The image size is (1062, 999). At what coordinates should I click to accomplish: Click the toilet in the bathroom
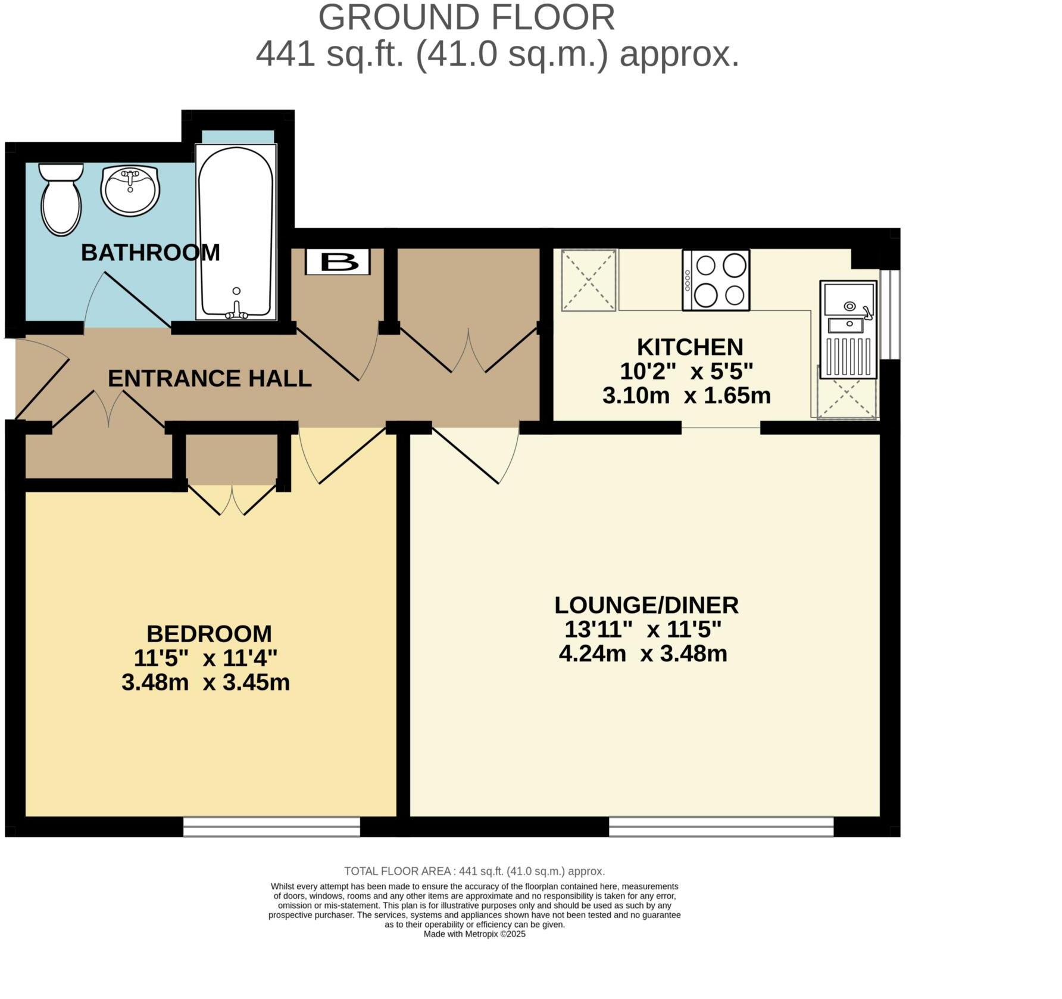click(61, 200)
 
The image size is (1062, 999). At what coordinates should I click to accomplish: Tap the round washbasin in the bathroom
click(130, 190)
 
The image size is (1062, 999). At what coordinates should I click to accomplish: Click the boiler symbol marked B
click(338, 262)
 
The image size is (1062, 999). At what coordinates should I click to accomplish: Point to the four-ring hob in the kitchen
click(716, 280)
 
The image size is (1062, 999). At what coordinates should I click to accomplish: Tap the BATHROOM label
click(151, 253)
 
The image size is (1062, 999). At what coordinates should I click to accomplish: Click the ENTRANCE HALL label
click(210, 378)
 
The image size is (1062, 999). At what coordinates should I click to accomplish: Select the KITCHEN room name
click(690, 347)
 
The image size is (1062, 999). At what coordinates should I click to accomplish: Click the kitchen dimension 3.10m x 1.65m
click(686, 396)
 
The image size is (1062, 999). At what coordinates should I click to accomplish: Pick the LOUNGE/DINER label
click(646, 605)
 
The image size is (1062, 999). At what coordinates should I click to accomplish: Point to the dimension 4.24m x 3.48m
click(643, 653)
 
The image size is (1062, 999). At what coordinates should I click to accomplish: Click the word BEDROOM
click(209, 633)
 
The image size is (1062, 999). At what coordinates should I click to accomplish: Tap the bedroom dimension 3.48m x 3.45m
click(205, 682)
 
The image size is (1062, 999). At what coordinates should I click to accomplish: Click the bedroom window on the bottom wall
click(271, 827)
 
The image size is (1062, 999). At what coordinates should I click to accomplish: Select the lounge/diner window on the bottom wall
click(721, 827)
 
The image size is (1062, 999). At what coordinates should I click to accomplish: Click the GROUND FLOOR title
click(467, 18)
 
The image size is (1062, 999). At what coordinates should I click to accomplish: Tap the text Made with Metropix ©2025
click(474, 934)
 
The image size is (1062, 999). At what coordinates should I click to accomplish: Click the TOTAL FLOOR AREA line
click(474, 872)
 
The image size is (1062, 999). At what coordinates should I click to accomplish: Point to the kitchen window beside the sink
click(891, 315)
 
